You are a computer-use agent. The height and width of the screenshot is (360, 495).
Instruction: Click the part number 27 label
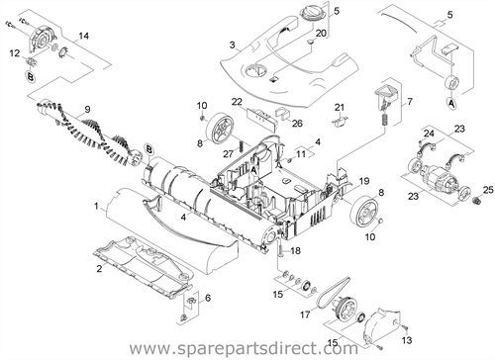(x=229, y=153)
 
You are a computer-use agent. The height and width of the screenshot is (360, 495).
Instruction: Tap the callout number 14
(x=84, y=36)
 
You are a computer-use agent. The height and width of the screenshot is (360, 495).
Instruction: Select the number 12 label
(x=15, y=53)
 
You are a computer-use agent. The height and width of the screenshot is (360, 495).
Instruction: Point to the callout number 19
(x=364, y=181)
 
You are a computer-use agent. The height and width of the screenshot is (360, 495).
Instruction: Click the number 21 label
(x=340, y=107)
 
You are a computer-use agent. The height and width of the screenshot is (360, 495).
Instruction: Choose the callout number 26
(x=297, y=124)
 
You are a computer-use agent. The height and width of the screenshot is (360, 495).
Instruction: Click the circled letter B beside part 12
(x=30, y=77)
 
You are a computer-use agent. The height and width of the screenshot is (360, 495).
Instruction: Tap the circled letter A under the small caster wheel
(x=451, y=103)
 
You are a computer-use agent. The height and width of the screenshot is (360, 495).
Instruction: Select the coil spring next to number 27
(x=241, y=145)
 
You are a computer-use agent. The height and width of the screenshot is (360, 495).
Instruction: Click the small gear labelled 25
(x=476, y=200)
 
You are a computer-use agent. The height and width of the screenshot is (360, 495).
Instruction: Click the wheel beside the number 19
(x=363, y=210)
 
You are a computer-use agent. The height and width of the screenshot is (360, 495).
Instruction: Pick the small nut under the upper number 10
(x=202, y=118)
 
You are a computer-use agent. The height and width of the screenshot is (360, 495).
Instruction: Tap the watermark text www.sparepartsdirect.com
(x=244, y=348)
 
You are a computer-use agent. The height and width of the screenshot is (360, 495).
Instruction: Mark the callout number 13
(x=407, y=340)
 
